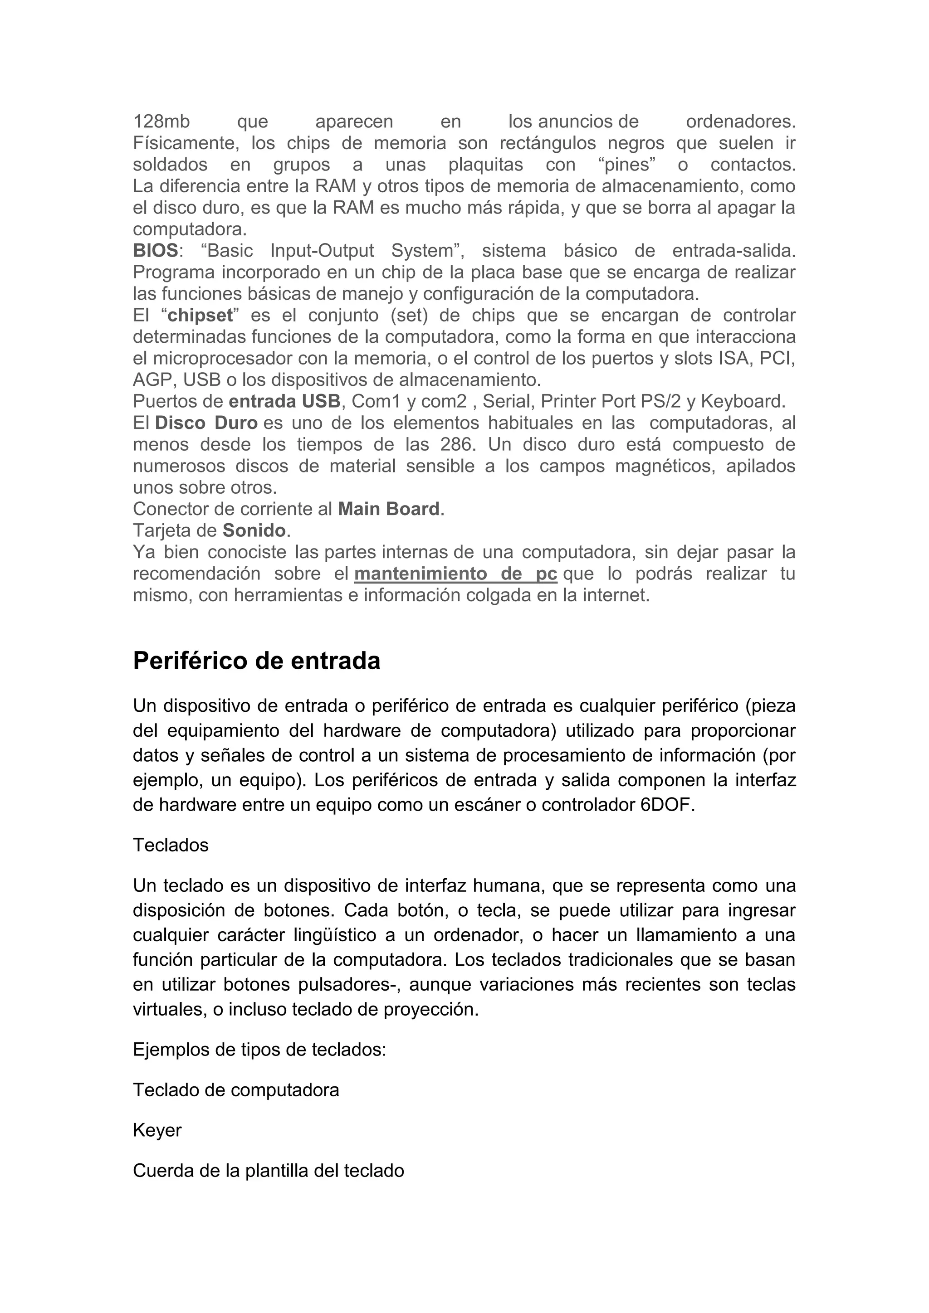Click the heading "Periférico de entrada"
click(256, 661)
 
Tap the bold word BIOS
click(156, 250)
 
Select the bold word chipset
click(200, 316)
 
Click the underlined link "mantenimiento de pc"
click(455, 574)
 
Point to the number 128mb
click(161, 121)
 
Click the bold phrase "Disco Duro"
click(206, 423)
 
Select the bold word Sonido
click(254, 531)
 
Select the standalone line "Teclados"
click(171, 845)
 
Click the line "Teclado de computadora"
click(236, 1090)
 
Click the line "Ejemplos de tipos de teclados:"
click(259, 1050)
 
